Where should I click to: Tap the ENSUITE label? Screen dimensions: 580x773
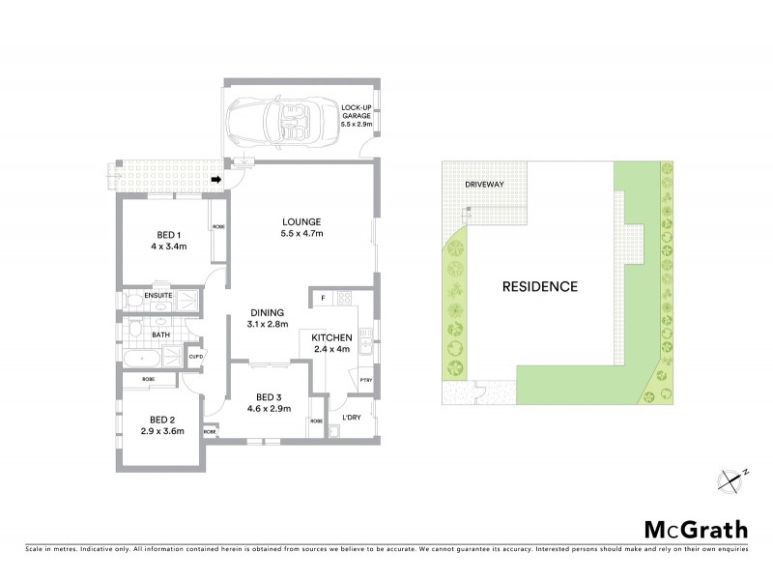(158, 295)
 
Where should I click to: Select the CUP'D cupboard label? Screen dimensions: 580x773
(196, 355)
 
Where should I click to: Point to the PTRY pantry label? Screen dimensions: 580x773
(365, 381)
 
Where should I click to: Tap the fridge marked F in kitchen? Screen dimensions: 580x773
(323, 297)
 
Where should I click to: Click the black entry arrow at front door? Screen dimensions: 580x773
(217, 179)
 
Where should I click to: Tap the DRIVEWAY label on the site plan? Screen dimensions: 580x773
(484, 184)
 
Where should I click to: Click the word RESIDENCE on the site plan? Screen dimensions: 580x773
(539, 286)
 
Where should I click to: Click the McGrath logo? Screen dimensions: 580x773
(696, 529)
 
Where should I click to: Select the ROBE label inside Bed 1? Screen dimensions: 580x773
(219, 228)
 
